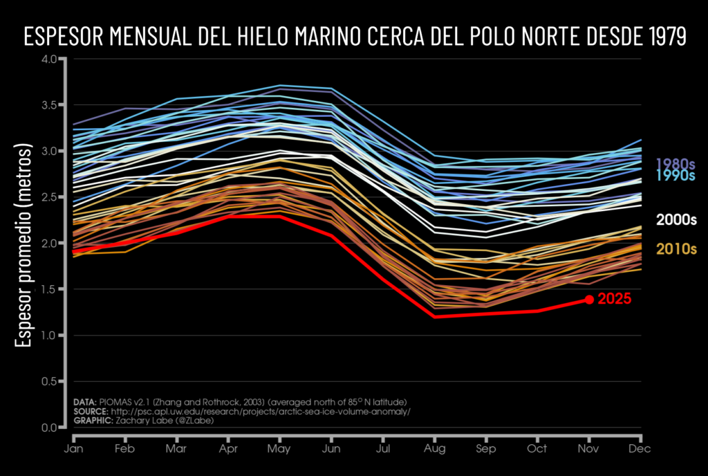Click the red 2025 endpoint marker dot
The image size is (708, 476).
pyautogui.click(x=589, y=299)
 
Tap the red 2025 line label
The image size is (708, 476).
pyautogui.click(x=615, y=300)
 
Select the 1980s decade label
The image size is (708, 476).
pyautogui.click(x=676, y=164)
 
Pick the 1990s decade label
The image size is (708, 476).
pyautogui.click(x=676, y=176)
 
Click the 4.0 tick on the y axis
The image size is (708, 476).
pyautogui.click(x=49, y=59)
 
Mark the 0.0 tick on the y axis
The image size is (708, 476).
pyautogui.click(x=49, y=428)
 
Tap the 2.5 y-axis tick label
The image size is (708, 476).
pyautogui.click(x=49, y=197)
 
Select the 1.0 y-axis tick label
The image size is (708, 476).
pyautogui.click(x=49, y=336)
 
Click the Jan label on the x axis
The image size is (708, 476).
pyautogui.click(x=74, y=449)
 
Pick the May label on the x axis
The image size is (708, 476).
pyautogui.click(x=280, y=449)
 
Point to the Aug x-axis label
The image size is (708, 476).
pyautogui.click(x=435, y=449)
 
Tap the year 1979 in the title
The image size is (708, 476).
pyautogui.click(x=660, y=36)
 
